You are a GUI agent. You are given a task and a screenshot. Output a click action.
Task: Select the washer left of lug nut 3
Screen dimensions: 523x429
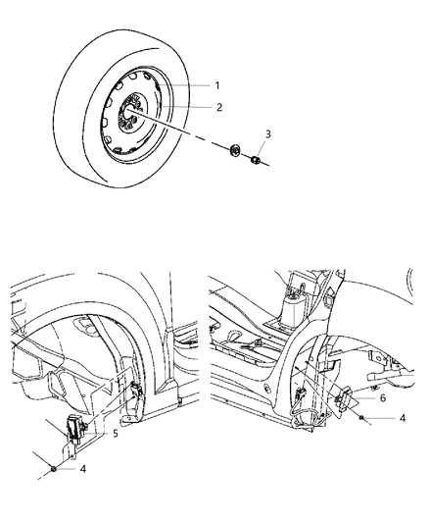pyautogui.click(x=234, y=151)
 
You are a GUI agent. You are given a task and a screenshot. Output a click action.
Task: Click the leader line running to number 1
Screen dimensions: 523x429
pyautogui.click(x=191, y=85)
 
